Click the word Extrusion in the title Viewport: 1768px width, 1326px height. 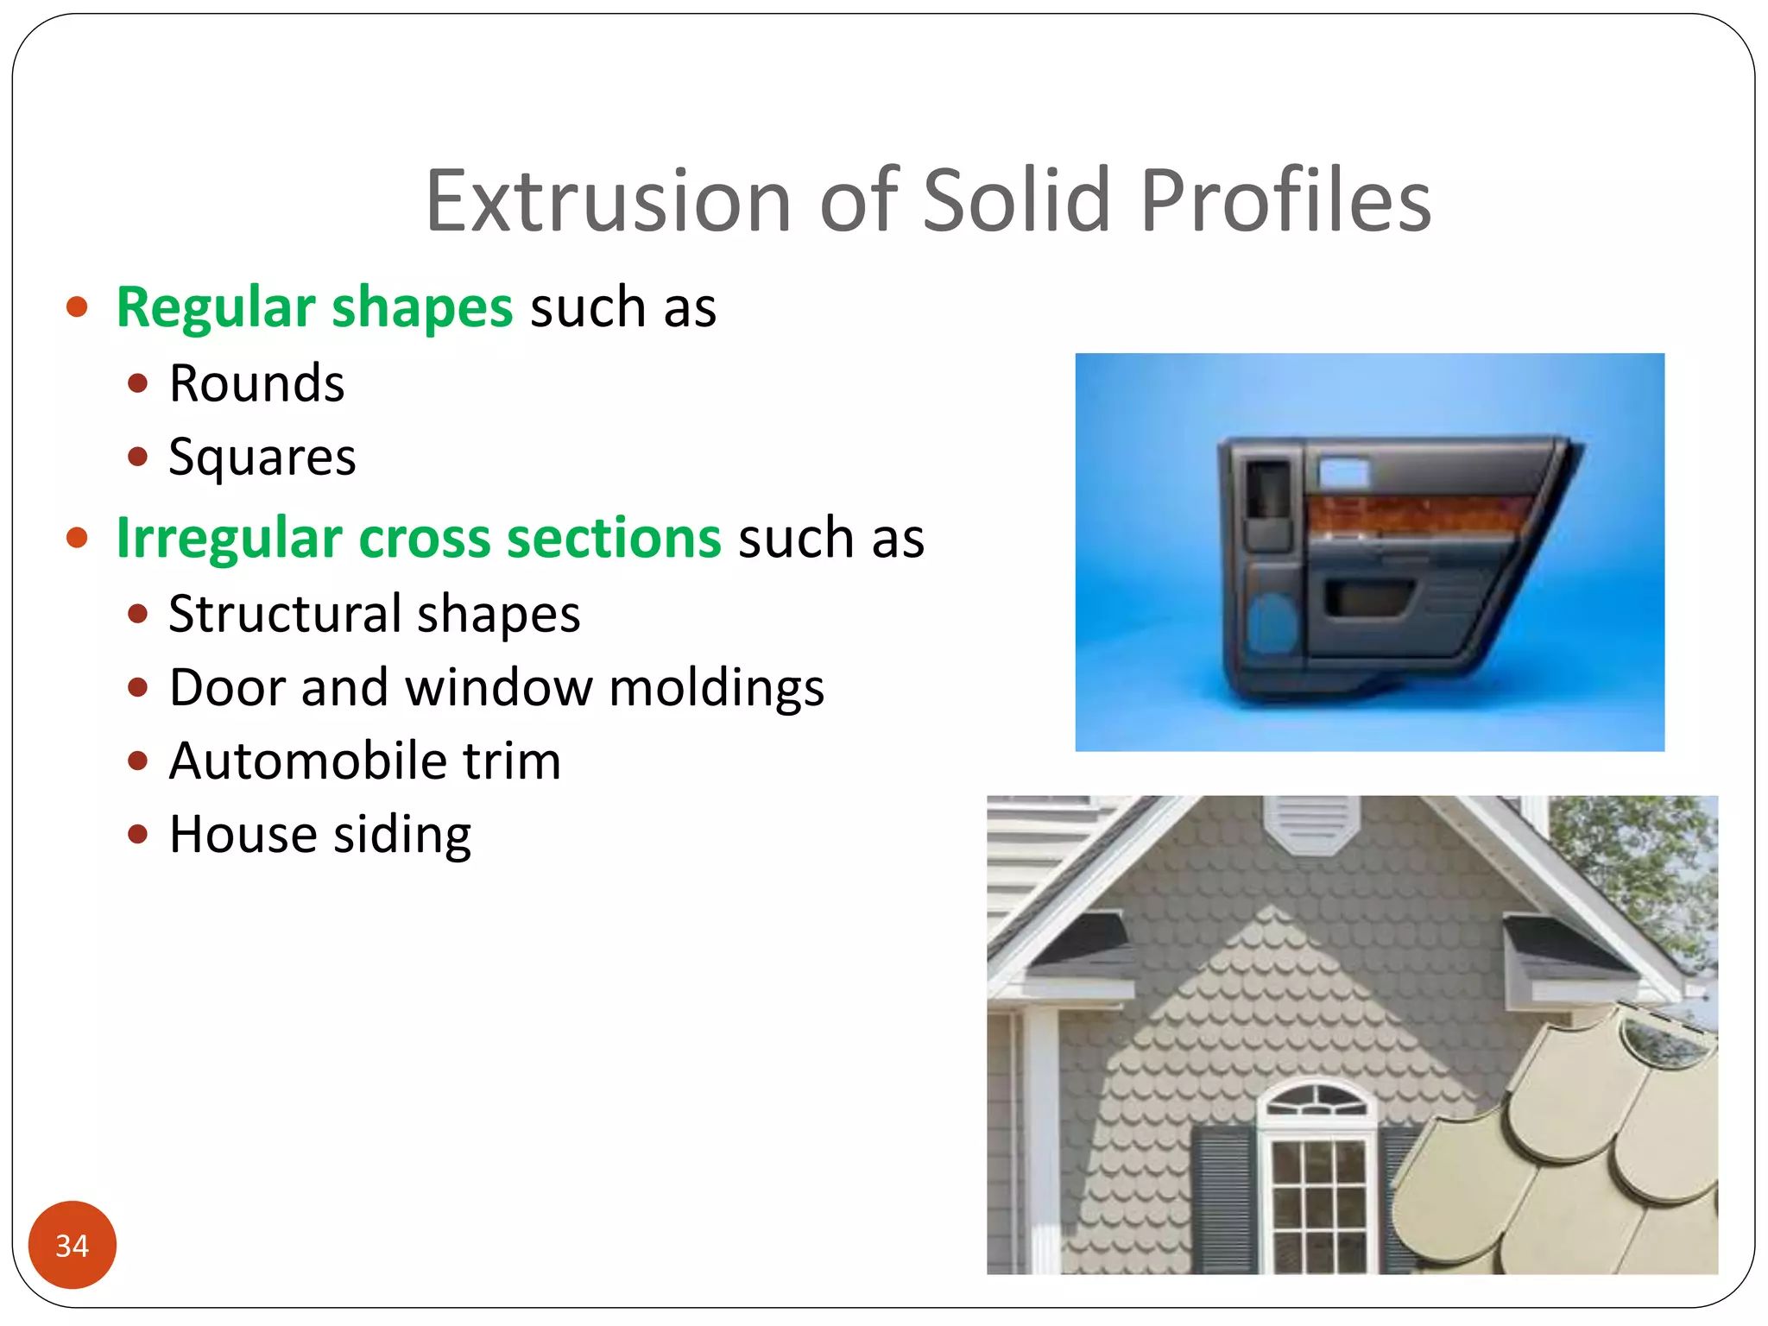pyautogui.click(x=608, y=201)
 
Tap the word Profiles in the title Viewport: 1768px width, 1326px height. pyautogui.click(x=1285, y=201)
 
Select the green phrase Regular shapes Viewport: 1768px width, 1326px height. pyautogui.click(x=314, y=307)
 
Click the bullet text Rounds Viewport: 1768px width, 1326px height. pyautogui.click(x=256, y=383)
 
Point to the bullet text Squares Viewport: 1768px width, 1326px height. pyautogui.click(x=262, y=457)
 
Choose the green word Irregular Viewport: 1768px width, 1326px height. pyautogui.click(x=229, y=538)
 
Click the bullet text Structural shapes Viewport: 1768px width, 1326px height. pyautogui.click(x=374, y=614)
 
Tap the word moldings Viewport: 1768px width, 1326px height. pyautogui.click(x=716, y=688)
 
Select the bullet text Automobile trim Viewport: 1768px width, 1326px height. pyautogui.click(x=364, y=761)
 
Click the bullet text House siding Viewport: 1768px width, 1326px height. pyautogui.click(x=319, y=835)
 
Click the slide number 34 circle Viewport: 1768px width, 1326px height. pyautogui.click(x=73, y=1245)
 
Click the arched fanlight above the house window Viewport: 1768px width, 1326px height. pyautogui.click(x=1316, y=1101)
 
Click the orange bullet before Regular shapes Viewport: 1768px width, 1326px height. pyautogui.click(x=77, y=307)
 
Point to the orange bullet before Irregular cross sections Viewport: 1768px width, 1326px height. pyautogui.click(x=77, y=538)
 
